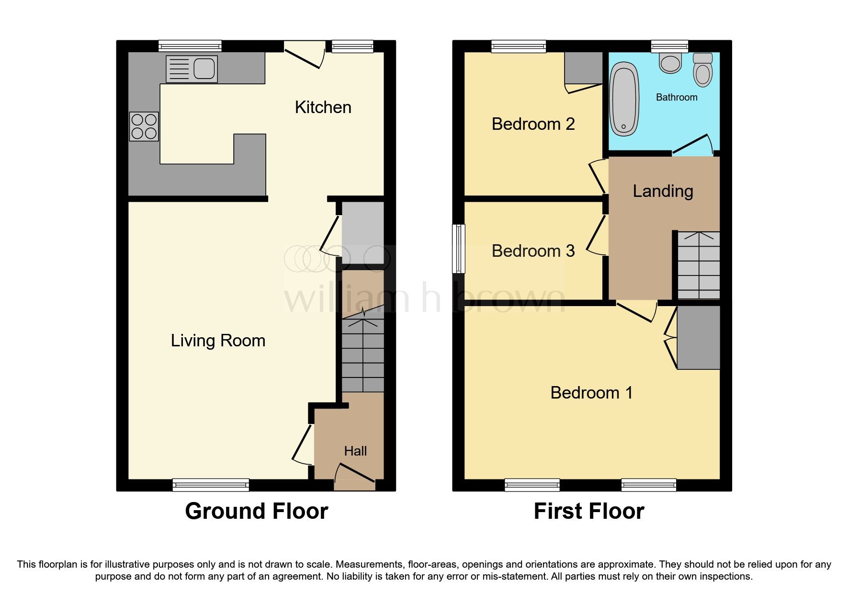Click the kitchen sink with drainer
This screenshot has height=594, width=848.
click(192, 69)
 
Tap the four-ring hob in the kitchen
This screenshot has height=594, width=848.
click(144, 126)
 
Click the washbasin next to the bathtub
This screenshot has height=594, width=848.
click(670, 63)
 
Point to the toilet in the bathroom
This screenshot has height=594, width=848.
click(703, 70)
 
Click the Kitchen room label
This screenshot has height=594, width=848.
click(323, 107)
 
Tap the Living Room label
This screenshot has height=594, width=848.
click(218, 341)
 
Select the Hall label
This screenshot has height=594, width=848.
click(355, 451)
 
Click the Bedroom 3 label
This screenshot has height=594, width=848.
click(533, 251)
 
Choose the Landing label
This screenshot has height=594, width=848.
click(663, 191)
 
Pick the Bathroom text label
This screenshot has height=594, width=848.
click(676, 97)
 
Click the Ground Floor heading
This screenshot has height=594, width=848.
click(257, 511)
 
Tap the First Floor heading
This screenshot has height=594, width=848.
click(588, 511)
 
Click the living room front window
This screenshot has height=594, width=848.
click(211, 485)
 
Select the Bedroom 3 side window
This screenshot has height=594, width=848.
click(459, 249)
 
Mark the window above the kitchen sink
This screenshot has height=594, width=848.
click(190, 46)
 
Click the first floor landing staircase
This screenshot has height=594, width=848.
click(698, 265)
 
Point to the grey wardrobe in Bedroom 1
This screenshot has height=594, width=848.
click(698, 337)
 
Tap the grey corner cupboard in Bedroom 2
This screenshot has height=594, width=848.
click(583, 68)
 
